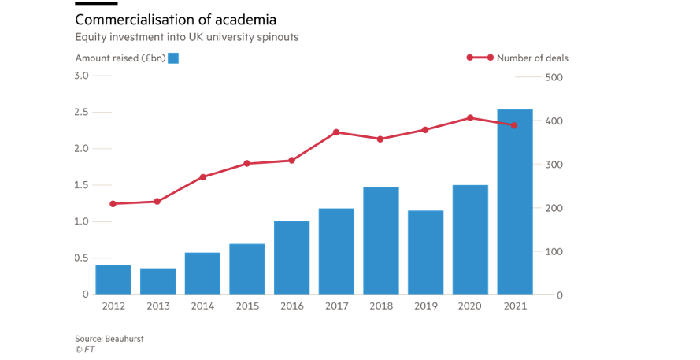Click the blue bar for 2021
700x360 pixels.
tap(515, 202)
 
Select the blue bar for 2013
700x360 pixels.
tap(157, 281)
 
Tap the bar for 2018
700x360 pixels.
tap(381, 240)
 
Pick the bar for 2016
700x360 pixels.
tap(291, 258)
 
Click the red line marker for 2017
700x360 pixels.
tap(336, 132)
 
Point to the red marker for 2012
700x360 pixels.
tap(113, 204)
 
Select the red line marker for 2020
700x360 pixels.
tap(470, 118)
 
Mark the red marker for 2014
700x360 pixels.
tap(202, 177)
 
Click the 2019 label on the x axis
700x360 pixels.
tap(426, 306)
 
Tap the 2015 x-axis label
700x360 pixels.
tap(246, 306)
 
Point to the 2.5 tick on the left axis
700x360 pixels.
tap(81, 113)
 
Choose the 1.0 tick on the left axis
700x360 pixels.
tap(81, 221)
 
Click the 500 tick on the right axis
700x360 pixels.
tap(554, 77)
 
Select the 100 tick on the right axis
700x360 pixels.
tap(554, 252)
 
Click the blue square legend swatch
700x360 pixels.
tap(173, 58)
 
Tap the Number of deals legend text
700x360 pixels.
tap(532, 58)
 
